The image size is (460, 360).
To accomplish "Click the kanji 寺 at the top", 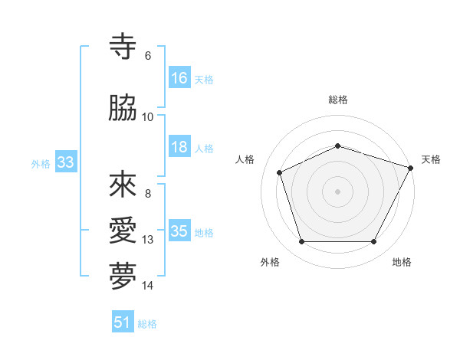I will (123, 47).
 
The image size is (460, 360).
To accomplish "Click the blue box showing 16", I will (179, 78).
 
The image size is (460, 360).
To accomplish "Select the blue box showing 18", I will (179, 147).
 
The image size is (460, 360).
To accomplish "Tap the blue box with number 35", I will (179, 231).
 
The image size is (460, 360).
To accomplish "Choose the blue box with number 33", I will (65, 162).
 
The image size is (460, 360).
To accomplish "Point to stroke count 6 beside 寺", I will (148, 56).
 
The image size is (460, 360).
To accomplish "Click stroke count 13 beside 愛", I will (148, 240).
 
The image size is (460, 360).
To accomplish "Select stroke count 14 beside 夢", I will (148, 286).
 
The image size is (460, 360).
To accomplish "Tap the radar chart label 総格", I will (338, 100).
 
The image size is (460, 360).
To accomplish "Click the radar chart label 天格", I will (431, 159).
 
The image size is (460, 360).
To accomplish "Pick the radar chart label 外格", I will (270, 262).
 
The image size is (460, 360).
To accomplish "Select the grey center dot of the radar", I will (338, 191).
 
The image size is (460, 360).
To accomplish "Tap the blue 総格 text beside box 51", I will (147, 324).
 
